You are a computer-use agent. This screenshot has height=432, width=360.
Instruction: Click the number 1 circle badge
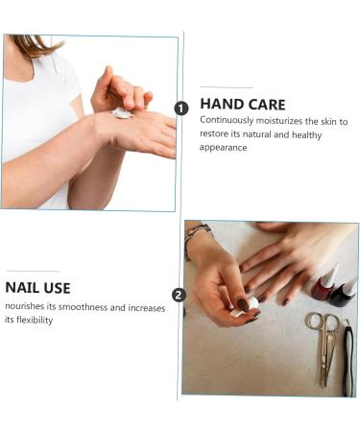tap(181, 108)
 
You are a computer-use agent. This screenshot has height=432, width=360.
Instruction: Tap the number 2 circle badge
tap(179, 295)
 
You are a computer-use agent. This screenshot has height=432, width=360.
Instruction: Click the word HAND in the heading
tap(221, 105)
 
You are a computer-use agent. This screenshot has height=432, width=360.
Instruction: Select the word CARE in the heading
tap(267, 105)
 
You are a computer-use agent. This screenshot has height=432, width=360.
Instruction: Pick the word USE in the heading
tap(58, 288)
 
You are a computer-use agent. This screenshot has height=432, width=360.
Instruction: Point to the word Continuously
tap(227, 121)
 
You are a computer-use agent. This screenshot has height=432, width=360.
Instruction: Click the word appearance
tap(223, 148)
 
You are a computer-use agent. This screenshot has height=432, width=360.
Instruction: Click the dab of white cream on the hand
tap(122, 113)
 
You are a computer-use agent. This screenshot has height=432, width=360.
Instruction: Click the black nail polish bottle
tap(344, 294)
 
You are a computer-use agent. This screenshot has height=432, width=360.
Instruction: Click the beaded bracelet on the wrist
tap(195, 237)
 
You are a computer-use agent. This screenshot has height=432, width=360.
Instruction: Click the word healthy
tap(306, 134)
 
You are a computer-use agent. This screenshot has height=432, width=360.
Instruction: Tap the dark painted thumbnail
tap(243, 304)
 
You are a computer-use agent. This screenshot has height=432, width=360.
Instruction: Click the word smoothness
tap(83, 307)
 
